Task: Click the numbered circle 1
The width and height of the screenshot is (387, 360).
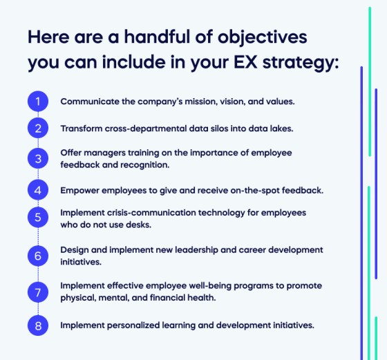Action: point(39,102)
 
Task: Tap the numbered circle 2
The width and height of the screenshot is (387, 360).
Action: point(39,129)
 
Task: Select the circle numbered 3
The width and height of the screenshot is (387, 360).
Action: point(39,158)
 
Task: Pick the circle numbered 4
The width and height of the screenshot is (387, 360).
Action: point(39,189)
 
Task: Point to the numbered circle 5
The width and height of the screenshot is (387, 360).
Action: point(39,218)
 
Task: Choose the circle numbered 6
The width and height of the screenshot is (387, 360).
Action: point(39,254)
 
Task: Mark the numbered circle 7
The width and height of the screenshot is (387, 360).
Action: point(39,292)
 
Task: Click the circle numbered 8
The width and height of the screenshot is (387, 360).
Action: point(39,324)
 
